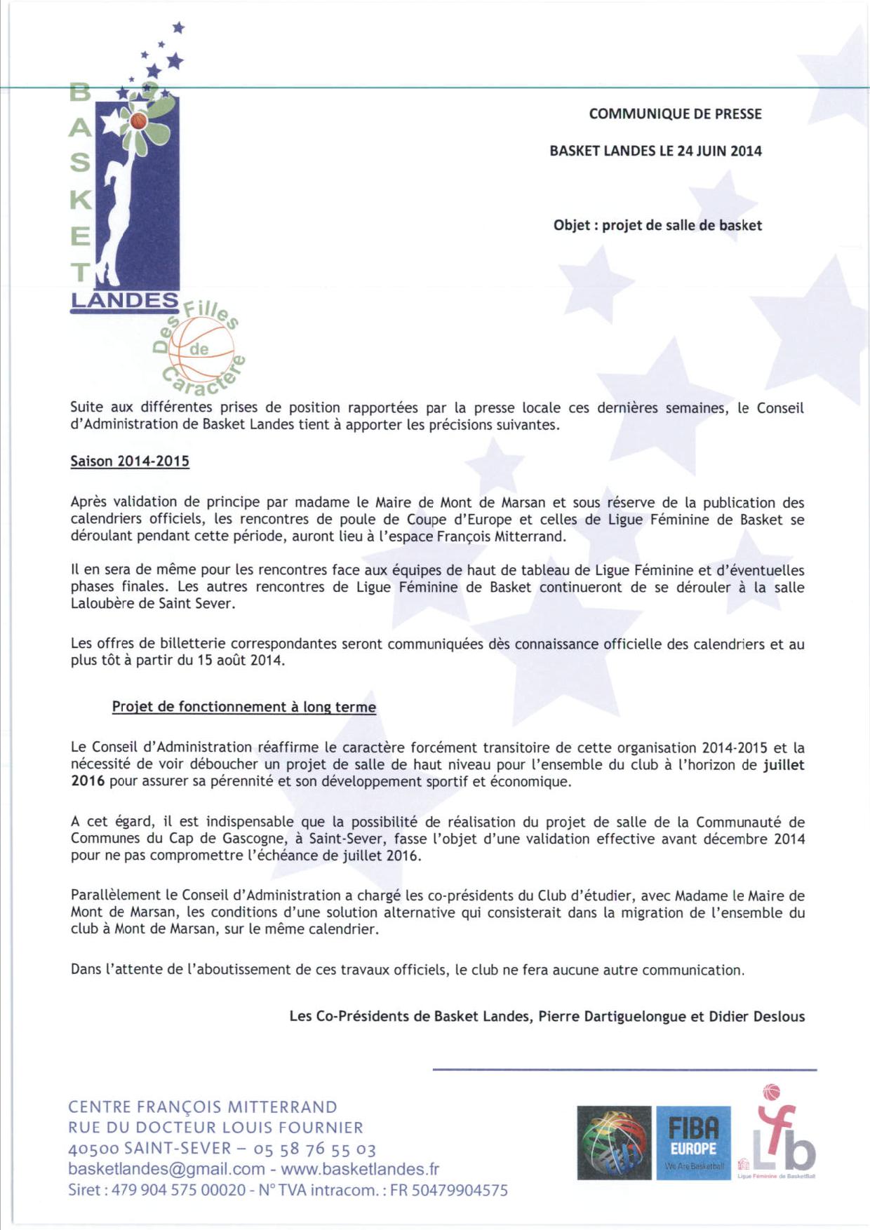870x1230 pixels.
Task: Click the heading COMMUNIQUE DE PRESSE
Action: pyautogui.click(x=675, y=114)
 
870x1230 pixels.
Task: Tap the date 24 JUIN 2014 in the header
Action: pyautogui.click(x=719, y=151)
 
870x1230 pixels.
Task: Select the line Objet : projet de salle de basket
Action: pyautogui.click(x=657, y=225)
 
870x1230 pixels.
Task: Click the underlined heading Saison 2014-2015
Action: pyautogui.click(x=130, y=461)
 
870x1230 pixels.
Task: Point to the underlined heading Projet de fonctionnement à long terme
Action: pyautogui.click(x=243, y=707)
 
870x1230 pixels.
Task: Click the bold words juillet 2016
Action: pyautogui.click(x=783, y=765)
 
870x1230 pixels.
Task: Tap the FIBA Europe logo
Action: pyautogui.click(x=692, y=1143)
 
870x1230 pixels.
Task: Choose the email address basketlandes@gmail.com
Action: pyautogui.click(x=166, y=1169)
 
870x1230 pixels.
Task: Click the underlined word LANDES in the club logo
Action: pyautogui.click(x=124, y=301)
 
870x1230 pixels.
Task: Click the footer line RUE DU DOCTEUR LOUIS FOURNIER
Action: pyautogui.click(x=215, y=1128)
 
